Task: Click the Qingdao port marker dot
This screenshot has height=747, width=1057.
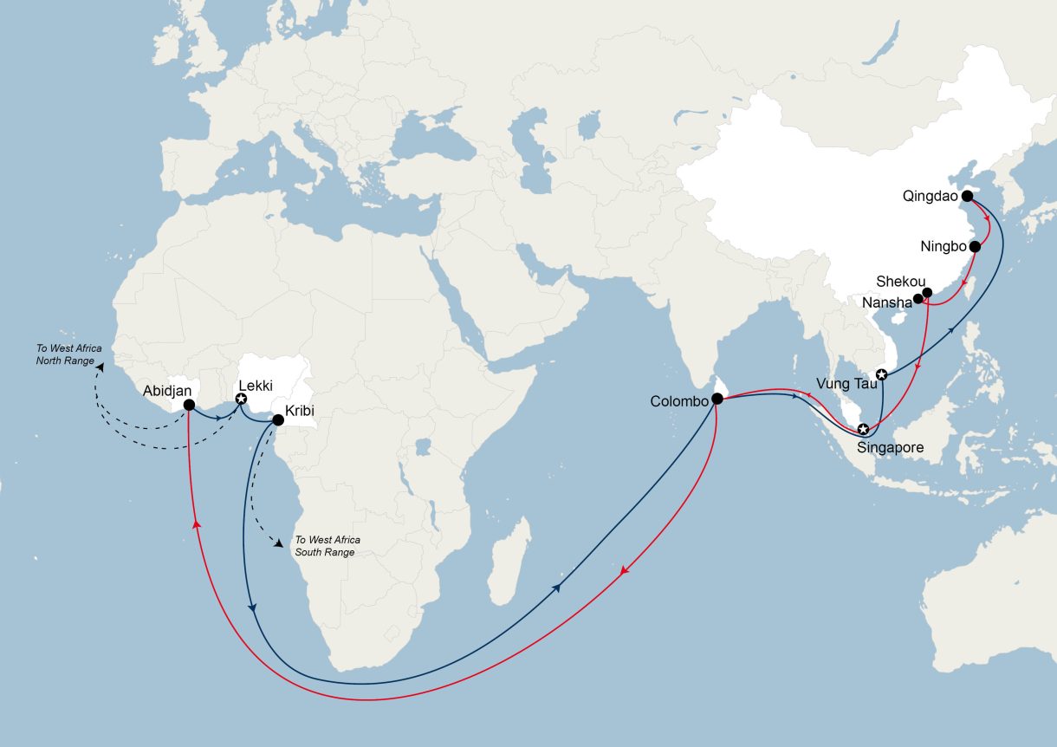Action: click(x=967, y=196)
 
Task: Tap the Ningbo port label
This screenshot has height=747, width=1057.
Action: click(x=943, y=247)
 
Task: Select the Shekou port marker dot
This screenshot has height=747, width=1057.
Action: click(x=926, y=293)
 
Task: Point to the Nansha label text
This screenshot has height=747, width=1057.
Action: click(x=888, y=302)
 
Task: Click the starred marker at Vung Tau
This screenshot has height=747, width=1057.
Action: click(x=881, y=375)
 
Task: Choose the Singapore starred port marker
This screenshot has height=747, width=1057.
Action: click(x=863, y=430)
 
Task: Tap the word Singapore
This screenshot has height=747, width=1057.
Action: click(x=890, y=448)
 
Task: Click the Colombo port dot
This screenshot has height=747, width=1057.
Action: click(x=717, y=399)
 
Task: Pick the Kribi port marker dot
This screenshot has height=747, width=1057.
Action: click(x=278, y=420)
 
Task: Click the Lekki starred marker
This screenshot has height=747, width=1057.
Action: click(x=241, y=399)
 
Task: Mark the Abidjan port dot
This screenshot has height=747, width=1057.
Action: click(x=189, y=405)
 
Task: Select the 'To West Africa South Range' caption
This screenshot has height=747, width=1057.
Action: click(x=327, y=545)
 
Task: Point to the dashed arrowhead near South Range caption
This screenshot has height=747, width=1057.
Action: click(x=279, y=544)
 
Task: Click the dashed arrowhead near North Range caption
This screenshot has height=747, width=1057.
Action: click(x=98, y=367)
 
